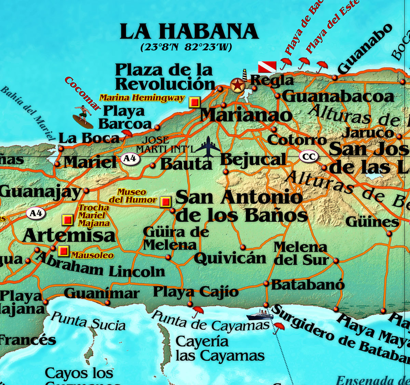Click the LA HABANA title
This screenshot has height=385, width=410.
189,31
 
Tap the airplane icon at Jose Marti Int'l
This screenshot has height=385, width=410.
208,147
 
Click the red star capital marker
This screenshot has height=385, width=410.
237,85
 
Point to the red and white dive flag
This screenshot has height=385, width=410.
267,67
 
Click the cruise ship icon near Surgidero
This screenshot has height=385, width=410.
260,315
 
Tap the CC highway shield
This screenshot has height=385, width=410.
309,157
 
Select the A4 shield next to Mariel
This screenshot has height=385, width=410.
130,159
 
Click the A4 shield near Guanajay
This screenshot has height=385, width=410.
36,214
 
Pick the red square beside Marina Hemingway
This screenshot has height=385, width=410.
194,102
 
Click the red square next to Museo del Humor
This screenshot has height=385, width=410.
166,202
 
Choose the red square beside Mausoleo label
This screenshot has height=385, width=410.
63,251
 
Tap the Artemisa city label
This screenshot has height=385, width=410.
69,235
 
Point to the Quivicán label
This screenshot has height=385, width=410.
230,259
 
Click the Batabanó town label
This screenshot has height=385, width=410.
308,285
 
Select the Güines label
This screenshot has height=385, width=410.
372,222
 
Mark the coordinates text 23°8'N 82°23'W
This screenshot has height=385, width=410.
186,47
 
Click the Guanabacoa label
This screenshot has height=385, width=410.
338,97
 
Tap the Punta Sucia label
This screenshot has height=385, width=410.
88,321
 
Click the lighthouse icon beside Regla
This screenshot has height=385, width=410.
245,75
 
